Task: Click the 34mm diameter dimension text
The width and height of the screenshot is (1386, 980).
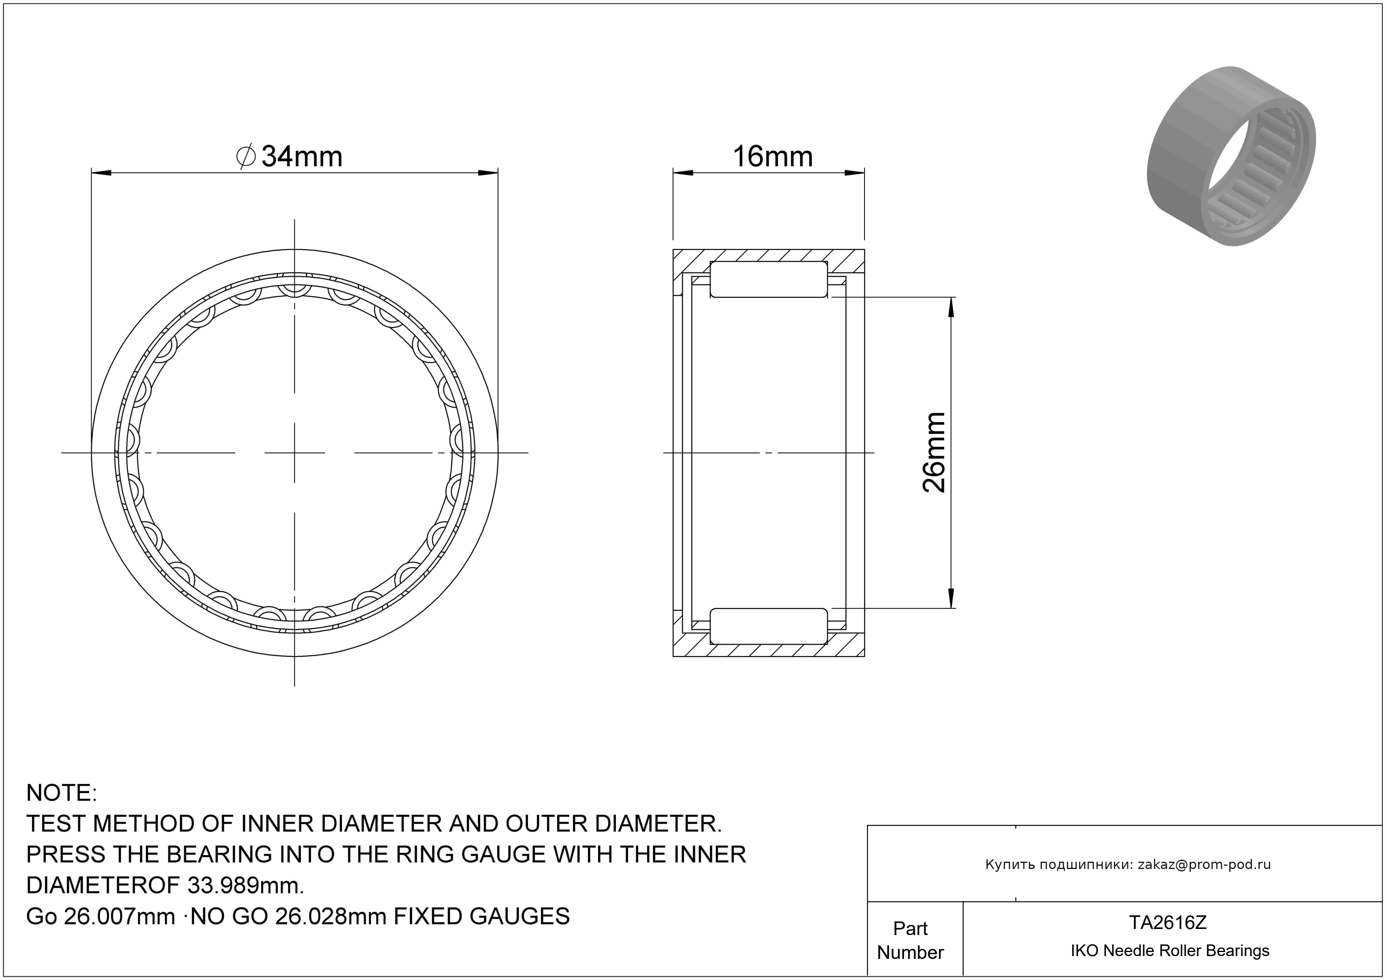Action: (x=302, y=157)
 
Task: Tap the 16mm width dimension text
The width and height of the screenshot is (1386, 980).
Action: (x=773, y=157)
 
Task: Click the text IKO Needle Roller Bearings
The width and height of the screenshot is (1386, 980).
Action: (x=1170, y=951)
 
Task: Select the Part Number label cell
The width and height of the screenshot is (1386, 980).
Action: (x=910, y=940)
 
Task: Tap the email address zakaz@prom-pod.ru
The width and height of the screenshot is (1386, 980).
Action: (x=1204, y=865)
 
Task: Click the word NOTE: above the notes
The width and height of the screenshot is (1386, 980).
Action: (x=62, y=793)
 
